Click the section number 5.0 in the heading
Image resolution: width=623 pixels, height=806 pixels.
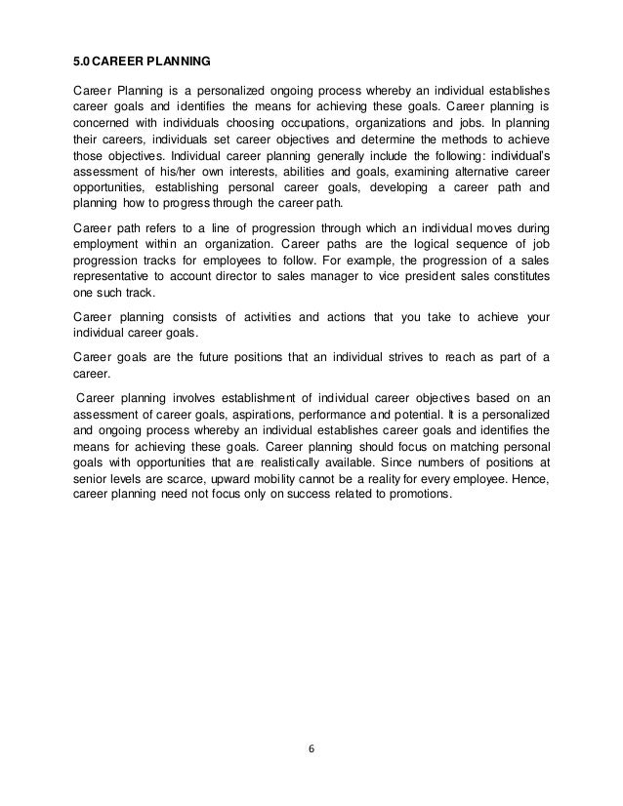coord(83,60)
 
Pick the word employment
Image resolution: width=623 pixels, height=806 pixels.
coord(107,242)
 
